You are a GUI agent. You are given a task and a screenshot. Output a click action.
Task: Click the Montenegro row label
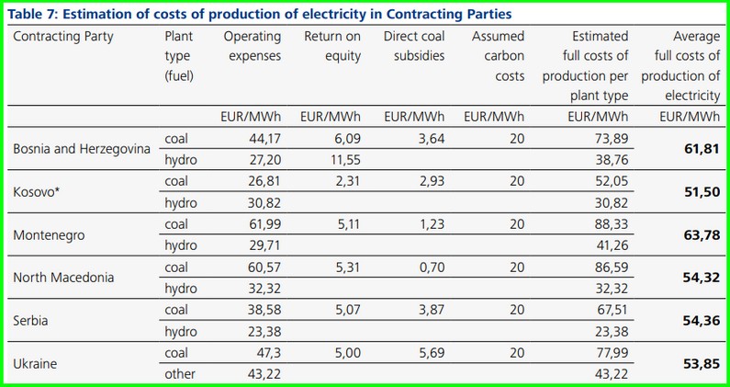[49, 235]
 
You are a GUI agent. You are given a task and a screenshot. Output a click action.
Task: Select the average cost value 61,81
[700, 148]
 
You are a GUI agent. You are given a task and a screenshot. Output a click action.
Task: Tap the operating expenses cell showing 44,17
[263, 138]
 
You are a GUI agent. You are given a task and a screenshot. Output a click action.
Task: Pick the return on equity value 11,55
[343, 159]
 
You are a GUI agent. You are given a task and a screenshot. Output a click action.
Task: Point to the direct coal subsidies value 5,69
[426, 351]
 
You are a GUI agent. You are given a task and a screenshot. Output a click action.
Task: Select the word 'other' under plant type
[180, 373]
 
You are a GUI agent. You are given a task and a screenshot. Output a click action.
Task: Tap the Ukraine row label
[35, 363]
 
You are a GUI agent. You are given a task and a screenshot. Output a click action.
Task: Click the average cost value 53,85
[700, 363]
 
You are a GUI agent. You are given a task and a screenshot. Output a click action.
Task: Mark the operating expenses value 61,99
[263, 224]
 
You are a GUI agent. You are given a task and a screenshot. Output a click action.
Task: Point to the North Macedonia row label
[64, 278]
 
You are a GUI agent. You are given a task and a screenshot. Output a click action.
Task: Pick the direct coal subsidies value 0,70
[426, 267]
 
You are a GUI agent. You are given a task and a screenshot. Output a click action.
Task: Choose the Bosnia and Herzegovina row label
[81, 149]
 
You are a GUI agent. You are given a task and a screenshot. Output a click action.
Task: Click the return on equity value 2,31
[343, 181]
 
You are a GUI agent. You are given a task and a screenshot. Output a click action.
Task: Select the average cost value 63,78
[700, 235]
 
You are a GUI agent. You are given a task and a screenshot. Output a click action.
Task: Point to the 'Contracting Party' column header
[64, 37]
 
